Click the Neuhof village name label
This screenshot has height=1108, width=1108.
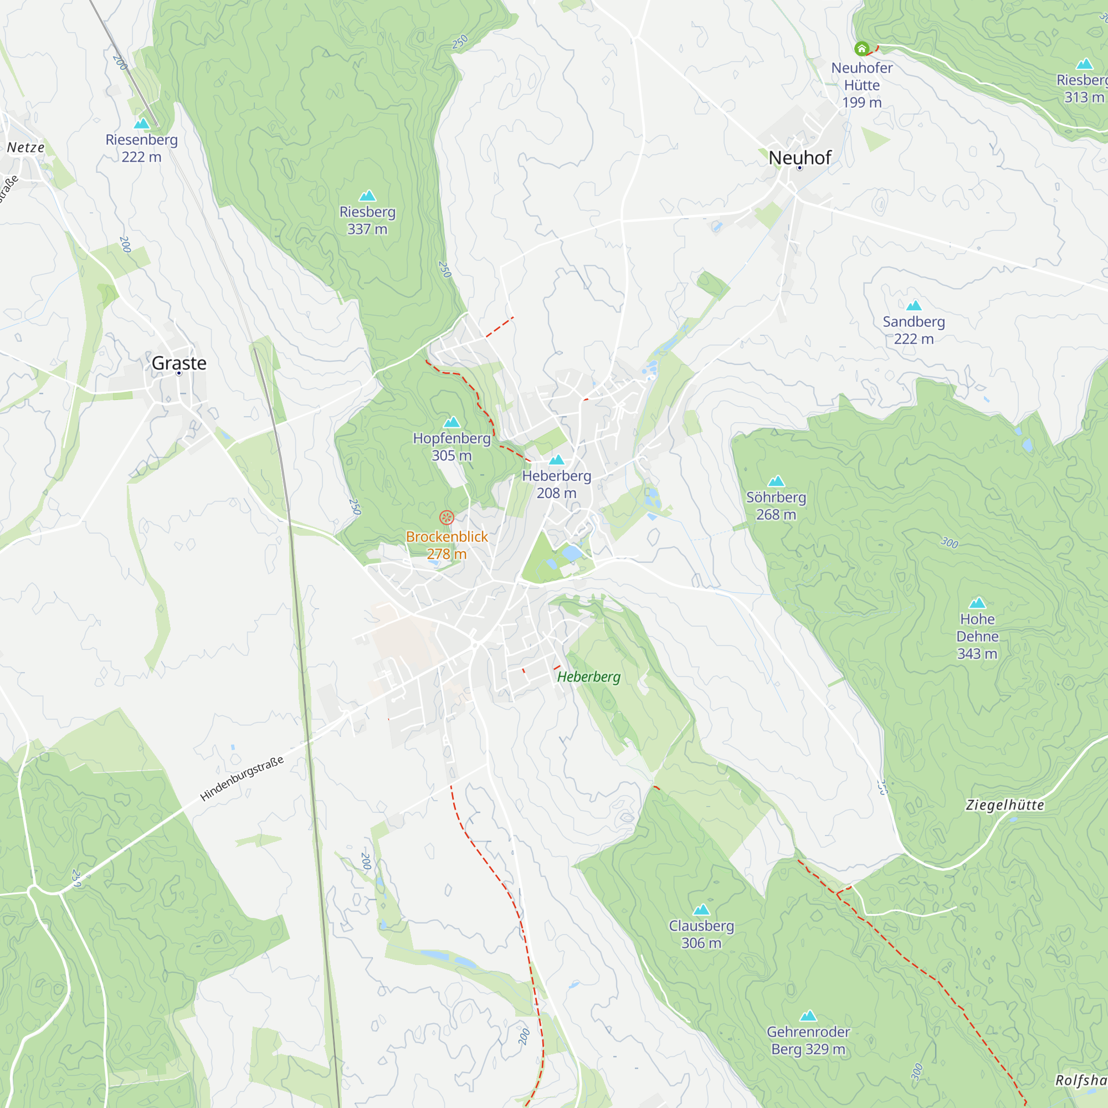(799, 158)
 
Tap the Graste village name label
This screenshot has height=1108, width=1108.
(179, 363)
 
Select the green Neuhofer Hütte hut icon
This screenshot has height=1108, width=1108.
(861, 49)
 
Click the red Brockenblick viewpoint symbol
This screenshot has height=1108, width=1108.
(447, 518)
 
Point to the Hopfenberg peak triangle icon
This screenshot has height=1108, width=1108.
(452, 423)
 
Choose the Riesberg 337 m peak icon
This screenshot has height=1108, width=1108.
(367, 196)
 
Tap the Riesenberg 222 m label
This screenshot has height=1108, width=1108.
(142, 148)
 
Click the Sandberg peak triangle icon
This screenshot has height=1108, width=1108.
(914, 306)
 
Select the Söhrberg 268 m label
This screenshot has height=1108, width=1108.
(776, 506)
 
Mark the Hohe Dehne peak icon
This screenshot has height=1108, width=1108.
(977, 603)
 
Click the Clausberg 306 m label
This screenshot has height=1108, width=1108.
(701, 934)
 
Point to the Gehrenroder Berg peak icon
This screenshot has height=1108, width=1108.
(808, 1015)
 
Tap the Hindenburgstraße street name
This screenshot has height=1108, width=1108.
(242, 778)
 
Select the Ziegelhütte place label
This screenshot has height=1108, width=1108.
(1005, 805)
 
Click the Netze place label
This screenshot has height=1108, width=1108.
(26, 147)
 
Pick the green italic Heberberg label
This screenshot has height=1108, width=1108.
(589, 677)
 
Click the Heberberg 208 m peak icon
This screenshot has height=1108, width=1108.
(556, 460)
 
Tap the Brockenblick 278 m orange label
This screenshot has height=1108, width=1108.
(447, 545)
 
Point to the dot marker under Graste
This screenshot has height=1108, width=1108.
(179, 373)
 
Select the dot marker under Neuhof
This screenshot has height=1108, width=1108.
(799, 168)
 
